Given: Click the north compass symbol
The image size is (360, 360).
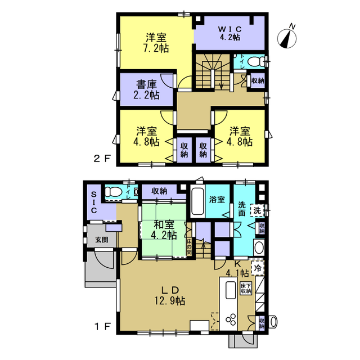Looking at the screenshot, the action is point(287,37).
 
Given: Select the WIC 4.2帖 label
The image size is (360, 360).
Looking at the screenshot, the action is point(230,33).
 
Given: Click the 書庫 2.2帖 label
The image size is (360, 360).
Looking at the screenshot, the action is point(146,90).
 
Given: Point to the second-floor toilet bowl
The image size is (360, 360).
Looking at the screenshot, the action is point(255,61).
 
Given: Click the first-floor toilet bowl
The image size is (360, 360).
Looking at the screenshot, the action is point(113,192).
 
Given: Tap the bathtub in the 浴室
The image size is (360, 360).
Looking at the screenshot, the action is point(197,201).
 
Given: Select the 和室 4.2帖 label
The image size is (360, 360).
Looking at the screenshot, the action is point(164,230).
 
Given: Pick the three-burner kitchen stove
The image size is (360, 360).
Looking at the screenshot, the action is point(231,319).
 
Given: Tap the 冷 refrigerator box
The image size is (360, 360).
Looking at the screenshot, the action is point(258,268).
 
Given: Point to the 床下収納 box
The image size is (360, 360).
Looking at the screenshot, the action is point(246,289).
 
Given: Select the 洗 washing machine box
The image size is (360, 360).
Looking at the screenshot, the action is point(257,210).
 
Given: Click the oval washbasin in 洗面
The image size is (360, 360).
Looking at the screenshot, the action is point(259,247).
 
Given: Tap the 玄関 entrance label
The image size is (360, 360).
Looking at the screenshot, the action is point(102,240).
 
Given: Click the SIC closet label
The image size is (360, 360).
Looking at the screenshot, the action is point(94,202).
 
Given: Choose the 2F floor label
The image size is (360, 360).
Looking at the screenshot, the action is point(102,159).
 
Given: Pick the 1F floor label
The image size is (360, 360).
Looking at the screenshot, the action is point(102,326).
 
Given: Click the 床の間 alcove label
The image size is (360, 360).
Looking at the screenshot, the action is point(189,247).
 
